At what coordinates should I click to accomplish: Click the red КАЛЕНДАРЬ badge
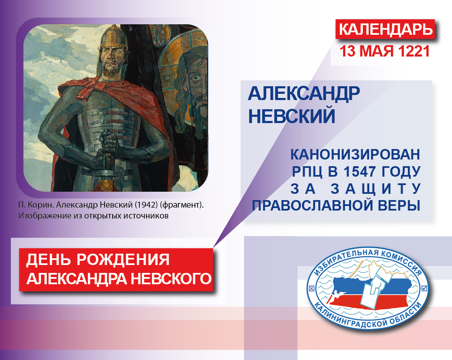click(x=385, y=29)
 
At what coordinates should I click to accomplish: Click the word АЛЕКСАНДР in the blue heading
click(x=304, y=93)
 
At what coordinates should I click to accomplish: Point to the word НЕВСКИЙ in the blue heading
click(x=292, y=116)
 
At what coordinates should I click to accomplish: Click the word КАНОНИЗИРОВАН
click(x=355, y=154)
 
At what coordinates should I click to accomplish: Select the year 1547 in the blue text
click(x=360, y=172)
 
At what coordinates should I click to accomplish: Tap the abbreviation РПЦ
click(x=307, y=172)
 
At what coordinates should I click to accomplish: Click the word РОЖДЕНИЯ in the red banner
click(x=123, y=260)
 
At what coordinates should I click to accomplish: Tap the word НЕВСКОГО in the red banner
click(x=171, y=279)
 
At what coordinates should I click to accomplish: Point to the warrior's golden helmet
click(x=113, y=36)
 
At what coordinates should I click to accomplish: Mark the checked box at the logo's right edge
click(x=424, y=288)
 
